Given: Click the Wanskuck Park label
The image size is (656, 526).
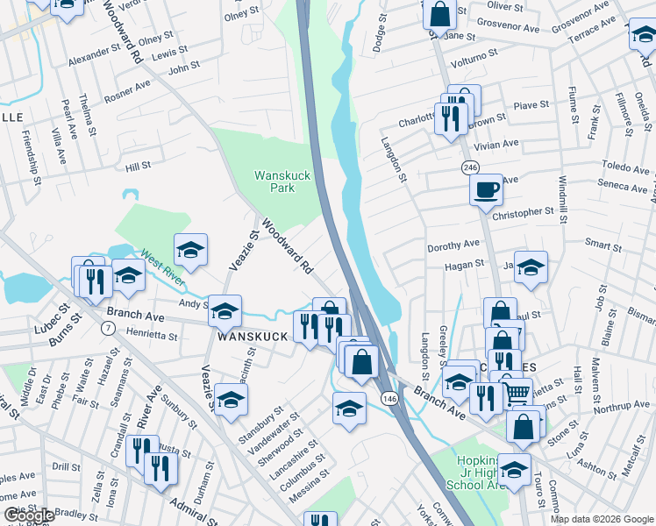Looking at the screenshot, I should tap(282, 181).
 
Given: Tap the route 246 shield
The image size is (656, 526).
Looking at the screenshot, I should tap(470, 167).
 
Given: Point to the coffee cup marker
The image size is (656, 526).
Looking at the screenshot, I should tap(486, 190).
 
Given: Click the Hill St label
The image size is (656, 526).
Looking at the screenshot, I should tap(139, 165).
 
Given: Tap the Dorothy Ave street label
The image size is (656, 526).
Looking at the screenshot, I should tap(453, 244).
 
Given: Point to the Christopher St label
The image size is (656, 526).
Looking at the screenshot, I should tap(524, 212).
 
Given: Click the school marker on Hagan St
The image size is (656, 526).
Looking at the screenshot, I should tap(531, 267).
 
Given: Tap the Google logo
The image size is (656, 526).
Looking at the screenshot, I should tap(28, 515).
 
